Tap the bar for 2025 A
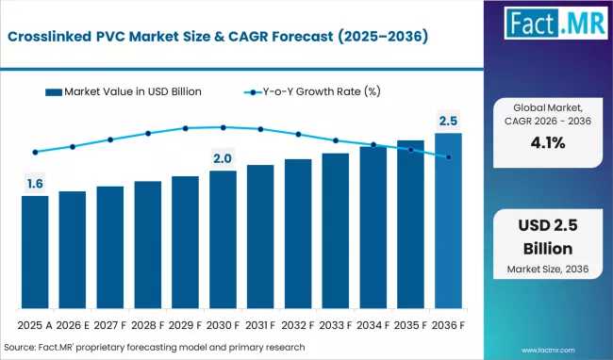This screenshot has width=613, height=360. pyautogui.click(x=35, y=252)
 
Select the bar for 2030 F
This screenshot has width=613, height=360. pyautogui.click(x=223, y=239)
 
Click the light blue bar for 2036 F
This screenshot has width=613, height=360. pyautogui.click(x=448, y=221)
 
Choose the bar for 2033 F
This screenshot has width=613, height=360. pyautogui.click(x=335, y=231)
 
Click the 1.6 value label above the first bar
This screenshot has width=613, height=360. pyautogui.click(x=35, y=183)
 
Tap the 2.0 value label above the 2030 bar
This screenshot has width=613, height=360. pyautogui.click(x=223, y=157)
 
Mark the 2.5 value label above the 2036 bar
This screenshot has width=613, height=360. pyautogui.click(x=448, y=120)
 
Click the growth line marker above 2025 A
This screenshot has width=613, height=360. pyautogui.click(x=35, y=152)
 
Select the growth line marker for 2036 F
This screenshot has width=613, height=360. pyautogui.click(x=448, y=156)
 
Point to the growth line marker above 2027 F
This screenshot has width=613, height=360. pyautogui.click(x=110, y=139)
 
